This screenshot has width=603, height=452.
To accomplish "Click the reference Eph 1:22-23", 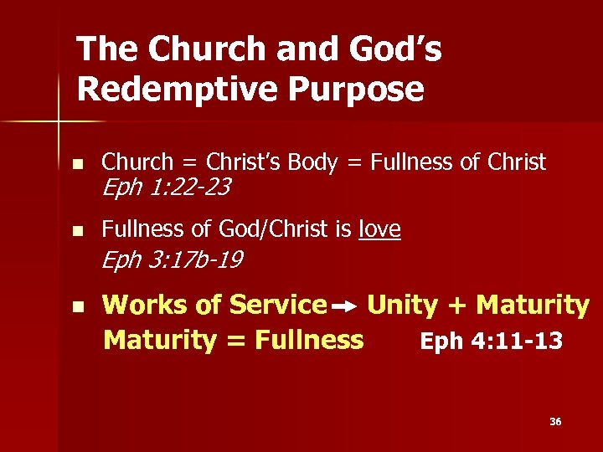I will coord(165,188).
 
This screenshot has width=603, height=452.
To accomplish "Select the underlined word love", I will coord(379,229).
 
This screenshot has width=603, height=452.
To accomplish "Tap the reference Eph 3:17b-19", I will coord(171,261).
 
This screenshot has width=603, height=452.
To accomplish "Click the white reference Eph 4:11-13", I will coord(491,342).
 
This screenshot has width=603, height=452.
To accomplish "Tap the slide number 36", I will coord(555,422).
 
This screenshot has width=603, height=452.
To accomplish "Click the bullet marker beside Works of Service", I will coord(78,307).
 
